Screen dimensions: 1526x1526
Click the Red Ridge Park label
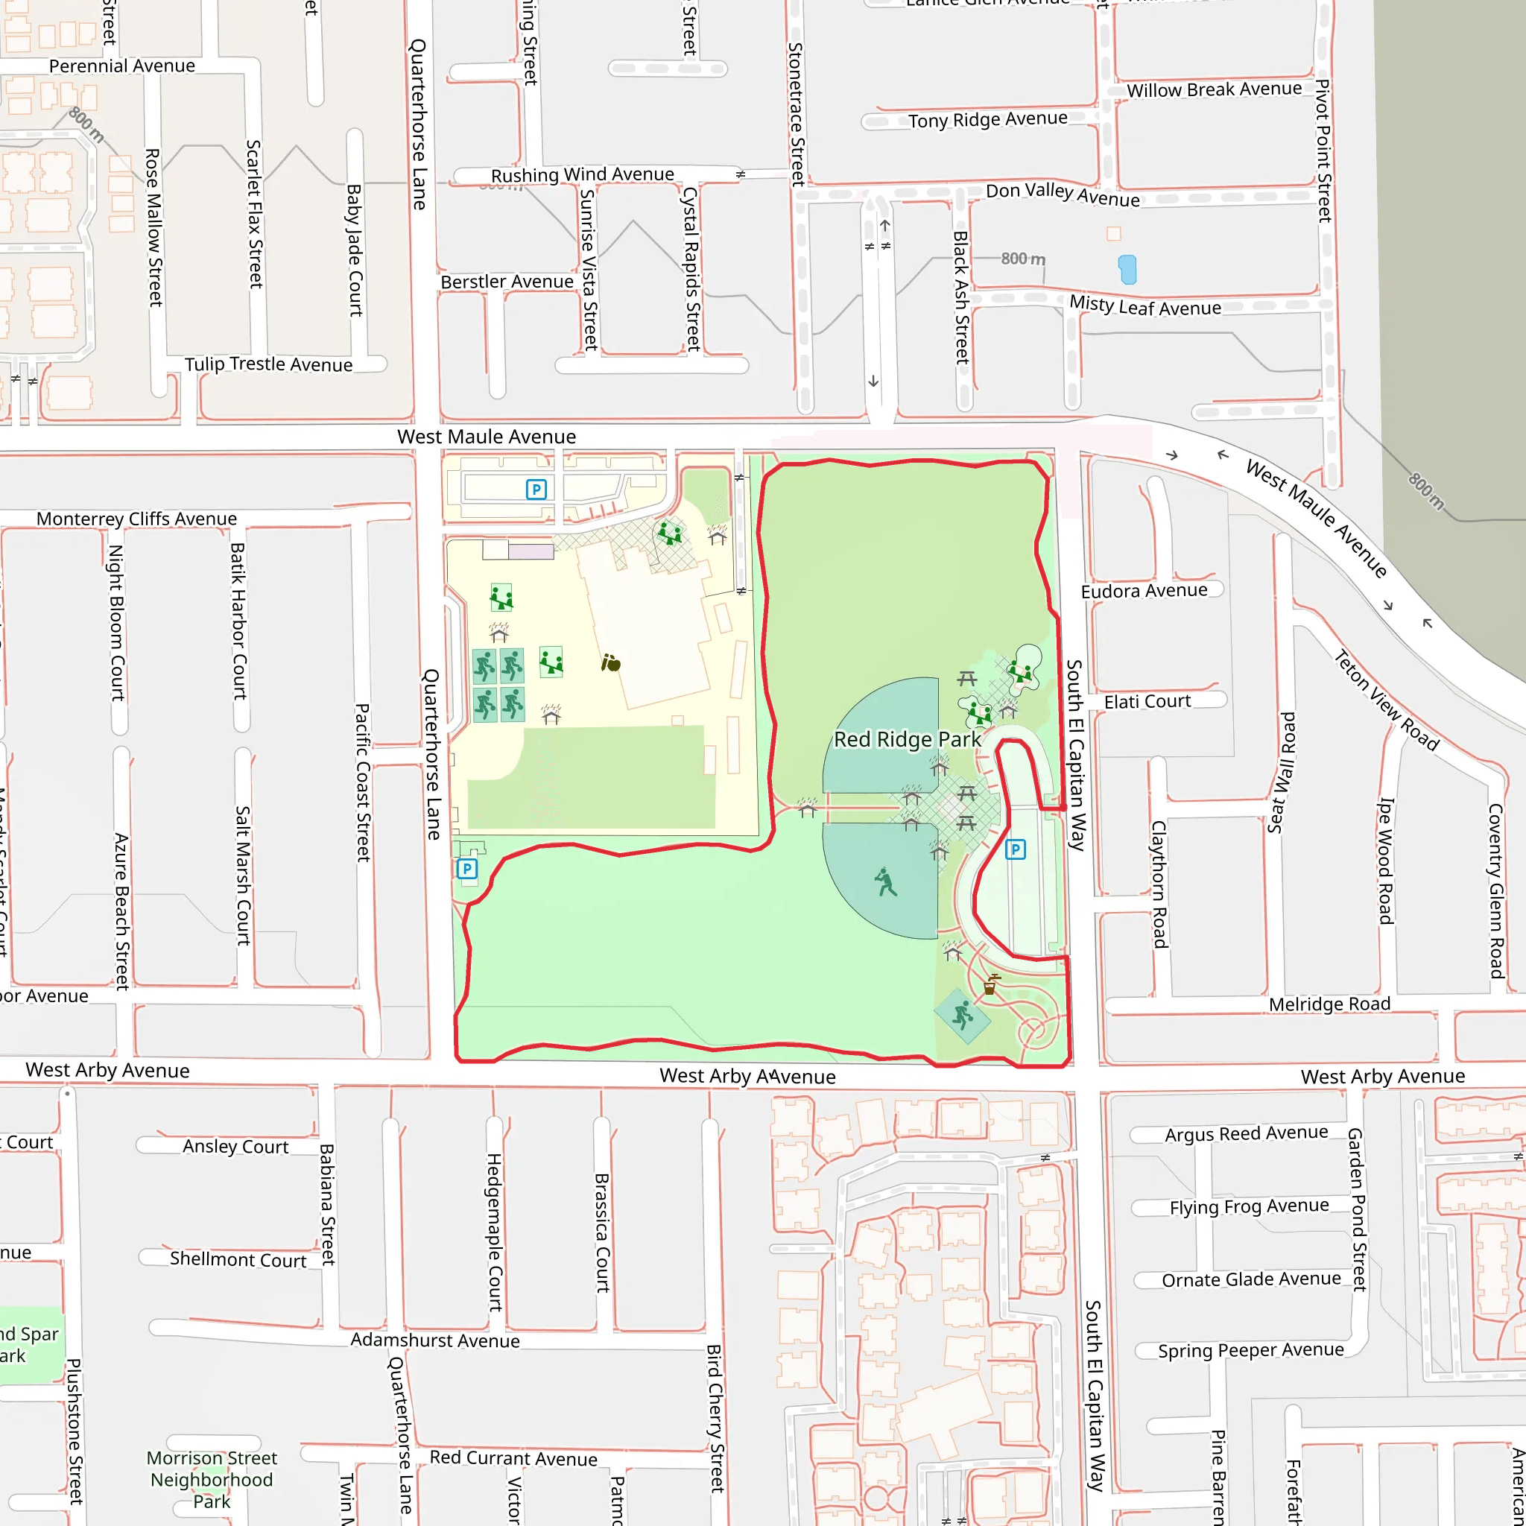point(908,739)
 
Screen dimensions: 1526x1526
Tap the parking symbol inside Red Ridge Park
point(1015,850)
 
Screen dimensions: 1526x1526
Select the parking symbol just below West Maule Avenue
point(536,490)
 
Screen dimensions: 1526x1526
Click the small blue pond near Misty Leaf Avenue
point(1127,269)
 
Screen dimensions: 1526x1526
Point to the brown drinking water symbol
point(990,985)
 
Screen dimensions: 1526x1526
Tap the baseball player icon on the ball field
point(886,882)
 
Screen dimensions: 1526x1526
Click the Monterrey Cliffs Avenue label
point(136,519)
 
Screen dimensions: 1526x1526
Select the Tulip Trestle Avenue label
point(268,364)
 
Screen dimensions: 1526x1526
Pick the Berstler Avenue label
point(507,282)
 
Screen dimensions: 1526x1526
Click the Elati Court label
point(1147,701)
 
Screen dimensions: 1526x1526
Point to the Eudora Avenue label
point(1144,591)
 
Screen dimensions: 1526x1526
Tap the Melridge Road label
point(1329,1004)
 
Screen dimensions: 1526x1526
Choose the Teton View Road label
point(1386,700)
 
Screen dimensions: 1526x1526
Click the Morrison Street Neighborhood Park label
point(212,1479)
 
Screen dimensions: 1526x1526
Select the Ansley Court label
point(235,1146)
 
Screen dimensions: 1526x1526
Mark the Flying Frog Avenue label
point(1249,1207)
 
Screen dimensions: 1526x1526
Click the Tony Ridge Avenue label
point(987,120)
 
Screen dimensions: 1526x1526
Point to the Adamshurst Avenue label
point(435,1340)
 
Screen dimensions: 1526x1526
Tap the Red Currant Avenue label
point(513,1459)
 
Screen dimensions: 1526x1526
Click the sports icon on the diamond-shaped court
point(962,1016)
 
